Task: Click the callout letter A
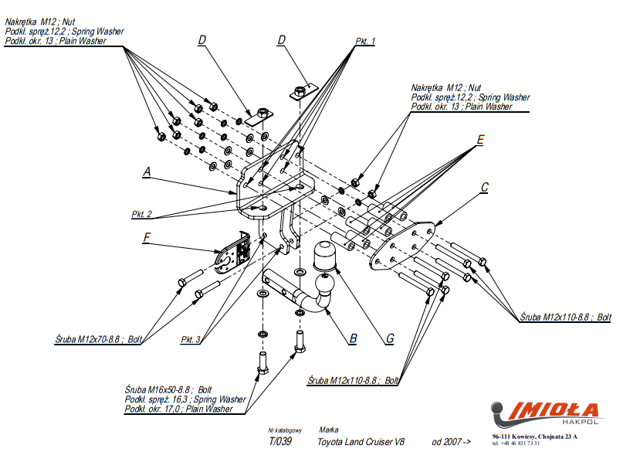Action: pos(146,173)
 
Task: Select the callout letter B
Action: pos(353,338)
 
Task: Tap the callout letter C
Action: pos(484,187)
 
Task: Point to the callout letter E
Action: pos(480,140)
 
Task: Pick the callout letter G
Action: pos(391,338)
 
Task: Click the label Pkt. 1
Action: pos(365,41)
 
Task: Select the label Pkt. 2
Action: pos(141,214)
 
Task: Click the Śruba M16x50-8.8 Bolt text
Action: pos(168,389)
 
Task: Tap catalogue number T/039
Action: pos(279,442)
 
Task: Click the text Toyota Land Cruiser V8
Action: pos(361,442)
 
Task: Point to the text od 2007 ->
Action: pos(451,442)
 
